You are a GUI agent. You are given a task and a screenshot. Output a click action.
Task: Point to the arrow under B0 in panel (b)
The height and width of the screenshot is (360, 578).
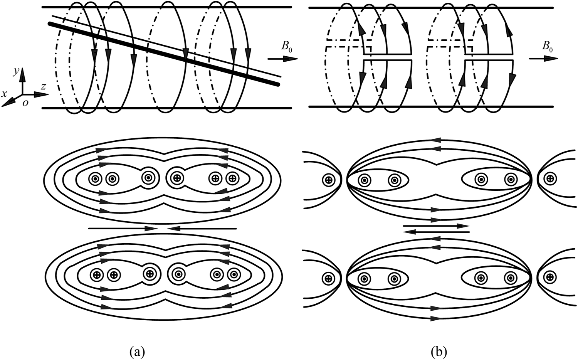(x=543, y=59)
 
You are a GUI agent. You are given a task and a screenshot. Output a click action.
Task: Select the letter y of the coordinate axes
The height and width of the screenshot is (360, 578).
(x=16, y=72)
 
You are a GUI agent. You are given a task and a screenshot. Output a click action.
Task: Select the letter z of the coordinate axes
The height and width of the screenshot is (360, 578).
(x=44, y=87)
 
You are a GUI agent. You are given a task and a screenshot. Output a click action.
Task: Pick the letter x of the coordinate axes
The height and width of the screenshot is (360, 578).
(x=4, y=94)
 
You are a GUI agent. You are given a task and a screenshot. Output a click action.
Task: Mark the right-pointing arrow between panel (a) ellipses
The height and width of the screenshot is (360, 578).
(x=123, y=228)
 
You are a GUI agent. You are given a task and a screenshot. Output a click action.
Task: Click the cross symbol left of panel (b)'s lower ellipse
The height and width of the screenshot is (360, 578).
(x=328, y=278)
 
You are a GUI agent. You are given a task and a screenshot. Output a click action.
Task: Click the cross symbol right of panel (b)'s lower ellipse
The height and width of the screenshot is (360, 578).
(x=551, y=277)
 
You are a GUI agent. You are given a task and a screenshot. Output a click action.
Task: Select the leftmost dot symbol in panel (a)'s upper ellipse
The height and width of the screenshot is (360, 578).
(x=95, y=179)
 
